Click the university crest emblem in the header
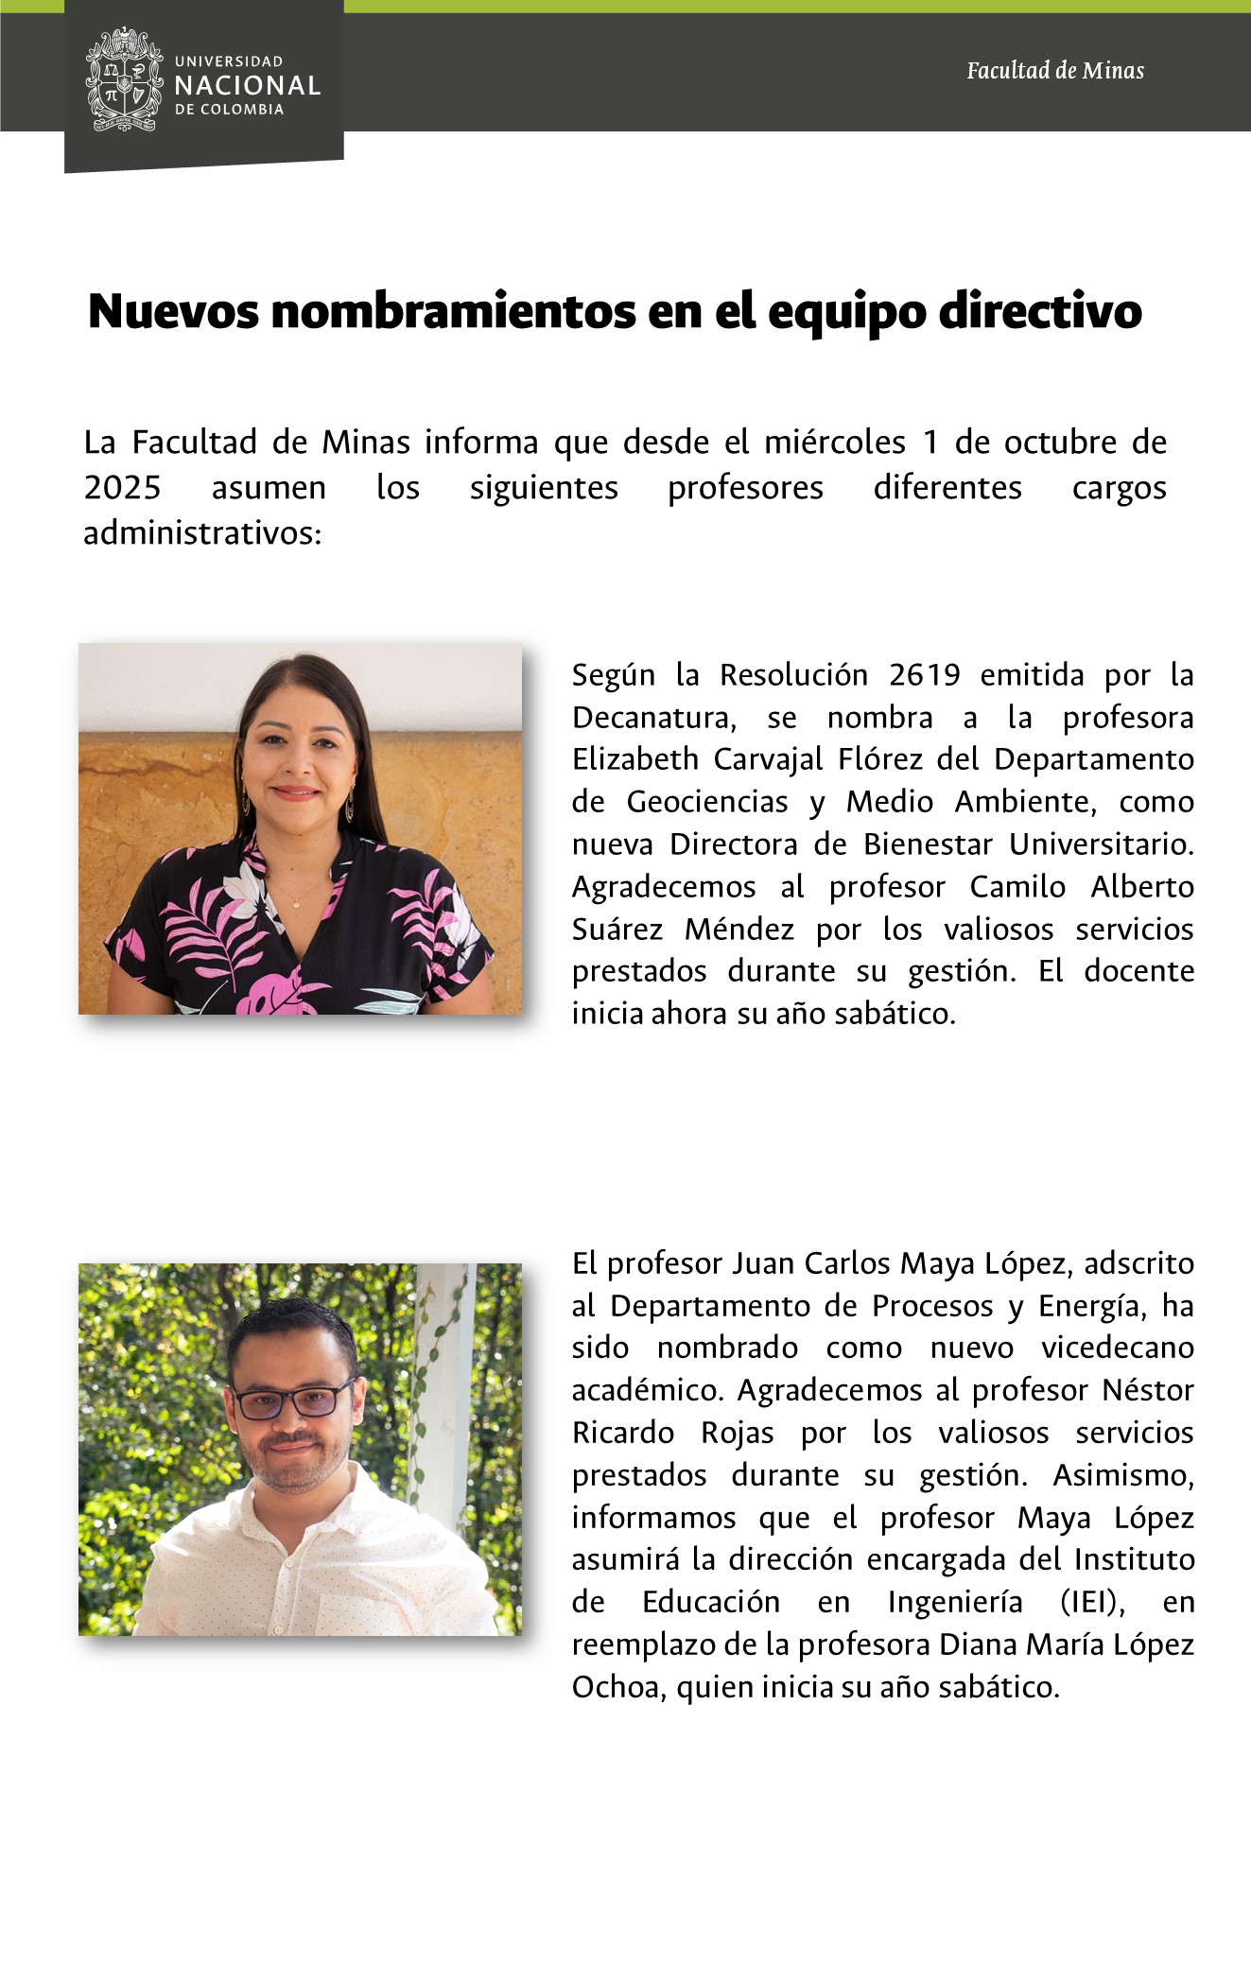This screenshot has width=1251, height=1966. coord(124,79)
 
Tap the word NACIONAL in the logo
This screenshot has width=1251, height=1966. coord(248,86)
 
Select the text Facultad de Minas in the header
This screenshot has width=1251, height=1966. coord(1054,71)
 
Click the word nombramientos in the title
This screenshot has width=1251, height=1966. coord(453,311)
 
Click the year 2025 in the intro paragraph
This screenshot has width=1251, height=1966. coord(122,488)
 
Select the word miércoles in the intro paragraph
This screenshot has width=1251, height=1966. coord(835,443)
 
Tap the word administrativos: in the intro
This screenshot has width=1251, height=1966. coord(202,533)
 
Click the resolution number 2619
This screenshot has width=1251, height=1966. coord(924,675)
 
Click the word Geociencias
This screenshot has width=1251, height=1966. coord(707,802)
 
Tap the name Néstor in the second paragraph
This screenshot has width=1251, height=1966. coord(1148,1390)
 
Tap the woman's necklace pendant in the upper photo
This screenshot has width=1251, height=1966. coord(296,906)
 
